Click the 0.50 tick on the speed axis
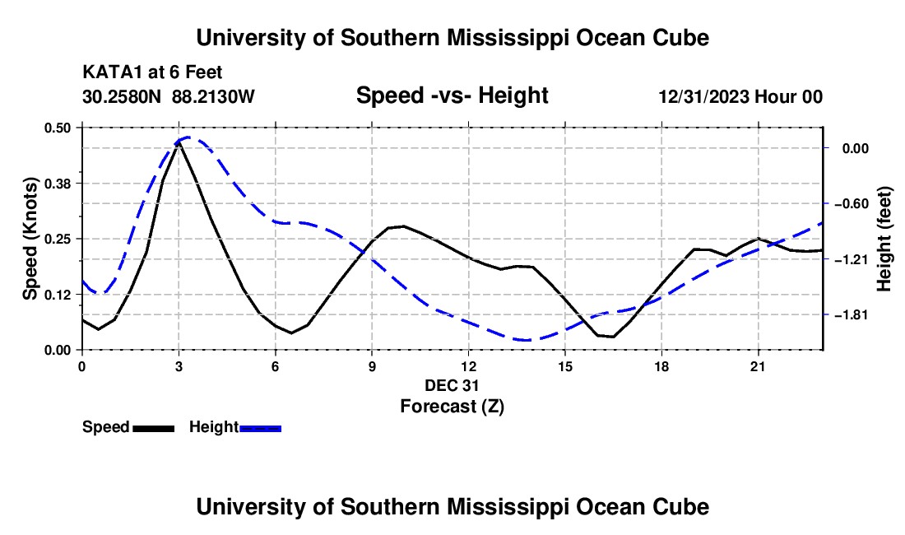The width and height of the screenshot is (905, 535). pos(57,128)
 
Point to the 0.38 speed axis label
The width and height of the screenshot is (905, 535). pos(57,184)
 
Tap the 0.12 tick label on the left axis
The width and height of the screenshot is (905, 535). pos(57,295)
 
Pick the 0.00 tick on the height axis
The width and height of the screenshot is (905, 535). pos(856,149)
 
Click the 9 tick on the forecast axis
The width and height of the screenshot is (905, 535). pos(372,366)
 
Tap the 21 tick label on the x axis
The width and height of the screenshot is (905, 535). pos(758,366)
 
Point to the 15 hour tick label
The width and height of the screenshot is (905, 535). pos(565,366)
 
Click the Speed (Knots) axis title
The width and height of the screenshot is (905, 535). pos(30,239)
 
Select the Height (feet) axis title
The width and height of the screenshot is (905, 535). pos(884,239)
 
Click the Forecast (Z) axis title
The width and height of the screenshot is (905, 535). pos(452,407)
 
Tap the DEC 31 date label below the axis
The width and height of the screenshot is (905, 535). pos(452,385)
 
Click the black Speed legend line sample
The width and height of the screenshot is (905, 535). pos(154,429)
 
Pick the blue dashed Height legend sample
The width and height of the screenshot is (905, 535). pos(260,429)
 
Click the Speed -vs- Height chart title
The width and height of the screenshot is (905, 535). pos(452,95)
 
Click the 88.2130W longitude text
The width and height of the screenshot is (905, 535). pos(213,96)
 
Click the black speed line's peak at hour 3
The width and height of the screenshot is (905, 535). pos(179,142)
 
